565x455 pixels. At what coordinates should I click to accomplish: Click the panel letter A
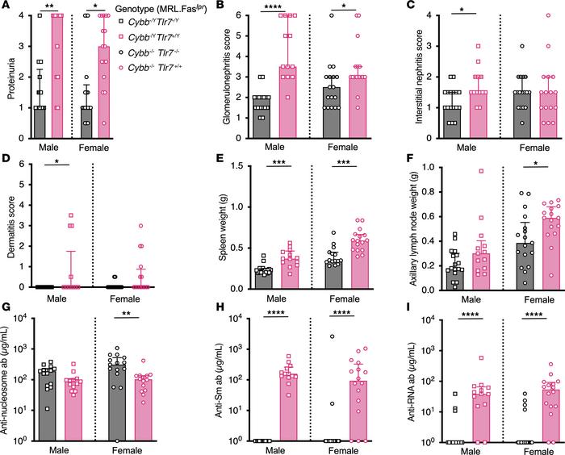[x=6, y=7]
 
